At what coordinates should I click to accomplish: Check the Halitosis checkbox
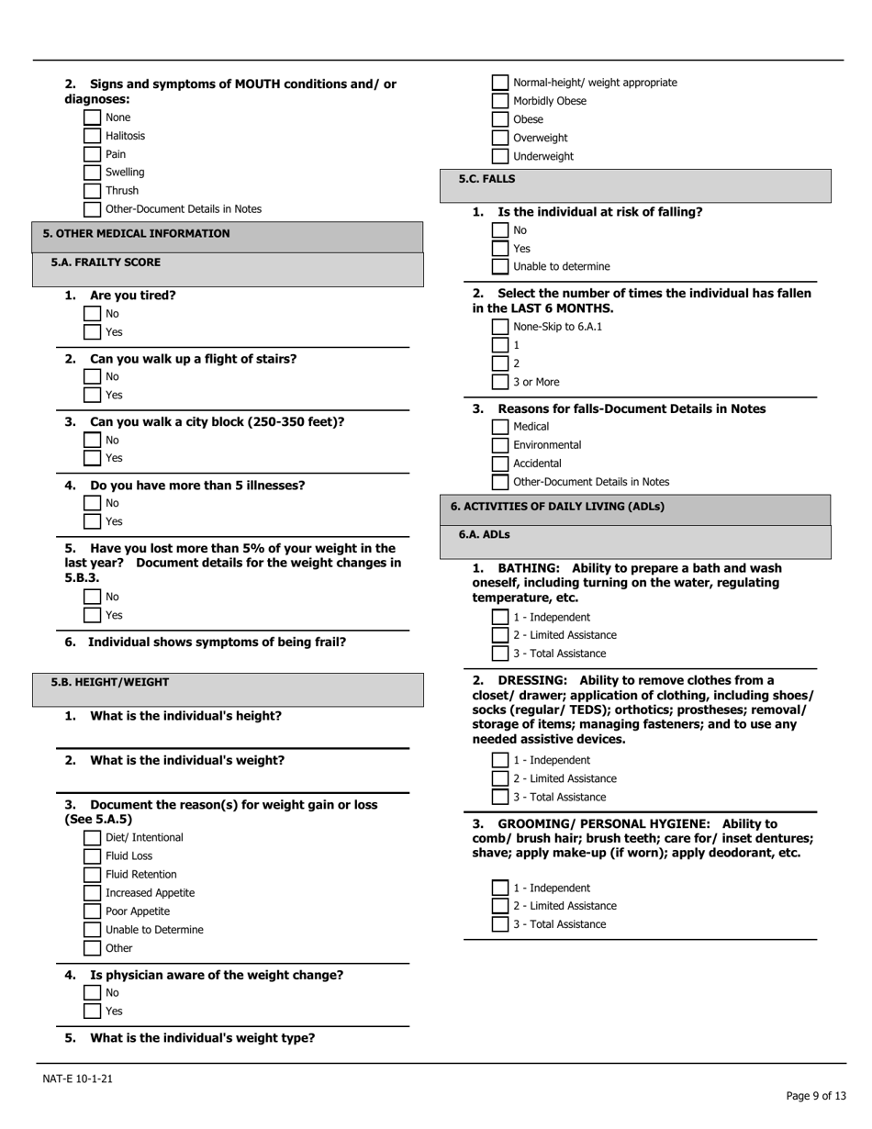click(92, 136)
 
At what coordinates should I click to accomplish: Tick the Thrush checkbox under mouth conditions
click(92, 191)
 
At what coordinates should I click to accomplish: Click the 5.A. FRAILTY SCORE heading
click(106, 263)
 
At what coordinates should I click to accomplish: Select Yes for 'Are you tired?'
click(92, 332)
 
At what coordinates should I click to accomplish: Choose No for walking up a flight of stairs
click(92, 376)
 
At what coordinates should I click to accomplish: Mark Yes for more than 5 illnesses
click(92, 521)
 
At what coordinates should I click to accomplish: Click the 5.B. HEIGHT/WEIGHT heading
click(110, 682)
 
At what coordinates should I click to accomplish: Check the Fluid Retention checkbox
click(92, 875)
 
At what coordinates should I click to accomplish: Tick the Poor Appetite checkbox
click(92, 911)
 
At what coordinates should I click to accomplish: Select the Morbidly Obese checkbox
click(500, 101)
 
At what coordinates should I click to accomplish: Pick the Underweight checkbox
click(500, 156)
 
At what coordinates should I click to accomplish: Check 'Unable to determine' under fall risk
click(500, 267)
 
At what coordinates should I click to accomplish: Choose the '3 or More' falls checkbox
click(500, 382)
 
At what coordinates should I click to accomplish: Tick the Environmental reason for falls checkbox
click(500, 445)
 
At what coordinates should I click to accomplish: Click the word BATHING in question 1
click(528, 568)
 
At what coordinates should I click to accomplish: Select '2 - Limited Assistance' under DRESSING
click(500, 778)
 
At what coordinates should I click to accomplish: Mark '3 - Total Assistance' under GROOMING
click(500, 924)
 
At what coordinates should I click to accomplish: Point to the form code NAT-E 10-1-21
click(78, 1079)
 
